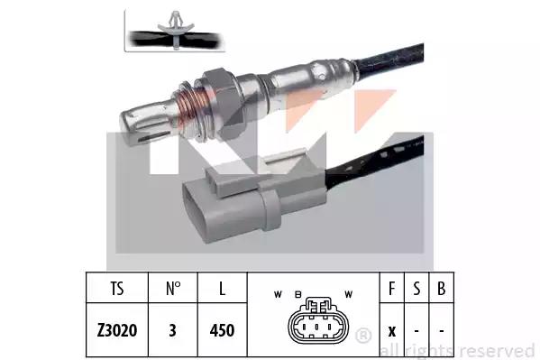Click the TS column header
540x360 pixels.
point(117,289)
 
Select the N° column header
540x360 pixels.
point(173,289)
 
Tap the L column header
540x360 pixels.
point(222,289)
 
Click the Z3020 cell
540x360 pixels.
point(117,330)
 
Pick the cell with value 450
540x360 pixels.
point(222,330)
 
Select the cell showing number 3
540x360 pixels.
point(172,330)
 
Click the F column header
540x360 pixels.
point(391,289)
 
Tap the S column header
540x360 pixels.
point(416,289)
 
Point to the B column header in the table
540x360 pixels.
point(441,289)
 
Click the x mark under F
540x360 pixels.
point(392,331)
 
